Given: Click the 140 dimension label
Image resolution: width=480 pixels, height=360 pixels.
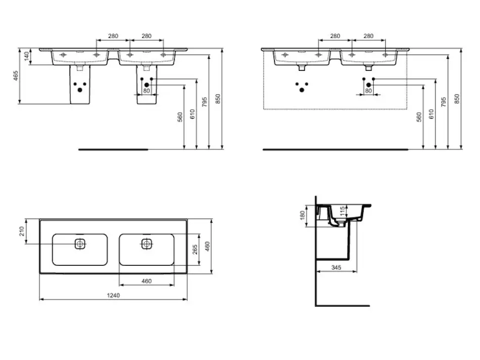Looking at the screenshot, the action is tap(26, 56).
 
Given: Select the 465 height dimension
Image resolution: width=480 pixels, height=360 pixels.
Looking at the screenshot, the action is tap(16, 76).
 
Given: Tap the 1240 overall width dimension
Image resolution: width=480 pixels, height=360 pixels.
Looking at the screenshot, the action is tap(113, 295).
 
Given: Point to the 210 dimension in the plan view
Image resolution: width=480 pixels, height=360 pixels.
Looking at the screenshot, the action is tap(22, 231).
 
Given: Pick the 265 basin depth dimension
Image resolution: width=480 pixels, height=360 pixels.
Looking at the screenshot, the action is tap(194, 250).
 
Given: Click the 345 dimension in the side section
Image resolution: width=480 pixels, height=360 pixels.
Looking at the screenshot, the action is tap(336, 268).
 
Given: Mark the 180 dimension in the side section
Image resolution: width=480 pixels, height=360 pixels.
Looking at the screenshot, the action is tap(303, 215).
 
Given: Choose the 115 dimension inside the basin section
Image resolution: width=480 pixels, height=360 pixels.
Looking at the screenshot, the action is tap(343, 211).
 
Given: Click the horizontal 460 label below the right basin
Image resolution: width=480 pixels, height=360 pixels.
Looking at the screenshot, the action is tap(146, 281).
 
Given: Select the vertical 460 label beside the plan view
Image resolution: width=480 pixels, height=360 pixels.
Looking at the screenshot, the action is tap(207, 247).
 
